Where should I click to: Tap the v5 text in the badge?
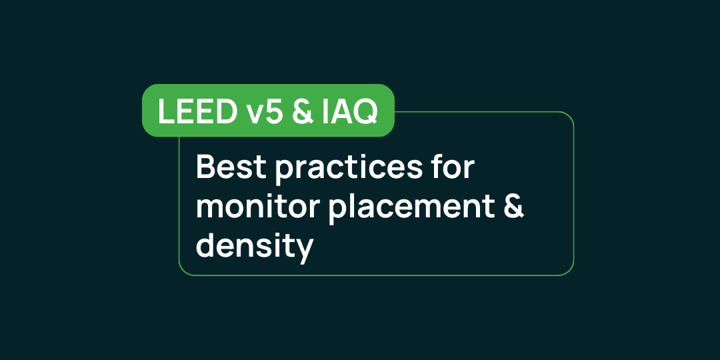[257, 111]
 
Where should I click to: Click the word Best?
[230, 167]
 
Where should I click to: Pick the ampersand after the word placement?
[512, 207]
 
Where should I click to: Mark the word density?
[255, 247]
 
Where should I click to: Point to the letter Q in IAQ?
[366, 112]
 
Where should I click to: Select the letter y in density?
[304, 251]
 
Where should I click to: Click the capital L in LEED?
[164, 111]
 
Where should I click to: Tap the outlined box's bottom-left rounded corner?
[183, 271]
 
